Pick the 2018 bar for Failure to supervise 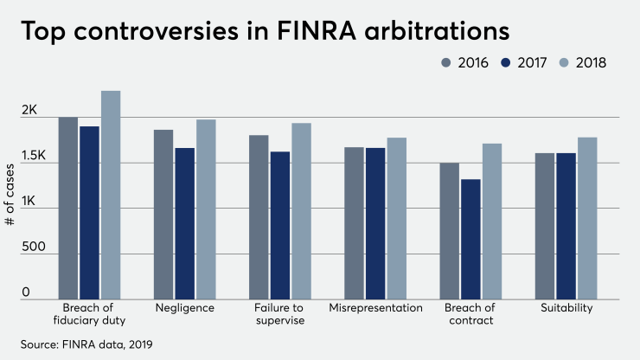(301, 211)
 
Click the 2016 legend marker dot (446, 62)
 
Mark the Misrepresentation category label (376, 308)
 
